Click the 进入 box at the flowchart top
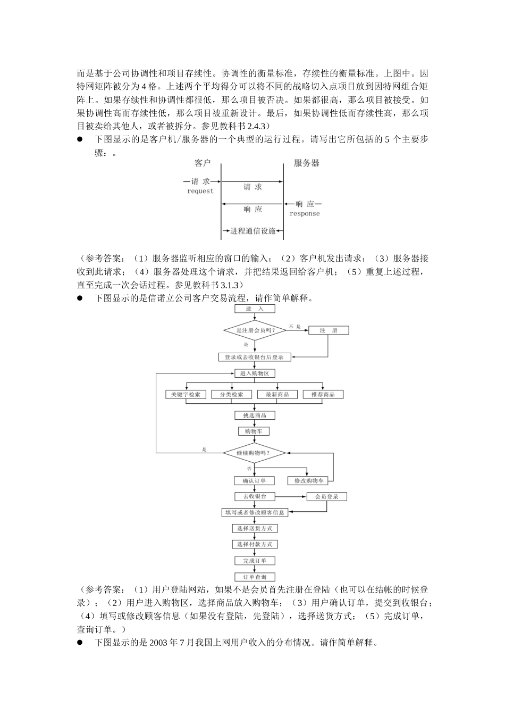[x=255, y=309]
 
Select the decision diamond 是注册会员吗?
[x=255, y=330]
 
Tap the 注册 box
[x=329, y=330]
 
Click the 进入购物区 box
[x=255, y=373]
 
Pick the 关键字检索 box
[x=186, y=395]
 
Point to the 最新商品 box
[x=277, y=395]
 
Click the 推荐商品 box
[x=323, y=395]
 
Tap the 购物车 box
[x=255, y=431]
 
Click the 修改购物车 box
[x=308, y=481]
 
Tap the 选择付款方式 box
[x=255, y=545]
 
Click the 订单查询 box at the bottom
[x=255, y=577]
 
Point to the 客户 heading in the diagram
[x=203, y=163]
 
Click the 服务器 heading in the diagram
[x=307, y=163]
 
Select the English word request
[x=200, y=191]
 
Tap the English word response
[x=305, y=213]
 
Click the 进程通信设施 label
[x=252, y=231]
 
